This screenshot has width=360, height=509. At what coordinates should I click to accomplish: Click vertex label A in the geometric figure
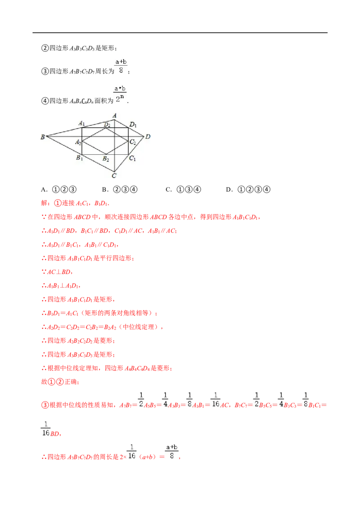point(114,116)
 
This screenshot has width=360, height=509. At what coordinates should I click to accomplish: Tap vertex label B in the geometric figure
point(43,137)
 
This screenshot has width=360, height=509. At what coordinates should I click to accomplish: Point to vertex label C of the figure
point(114,176)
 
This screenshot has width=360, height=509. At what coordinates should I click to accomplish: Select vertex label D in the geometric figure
point(148,137)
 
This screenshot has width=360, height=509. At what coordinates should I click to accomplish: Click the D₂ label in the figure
point(107,125)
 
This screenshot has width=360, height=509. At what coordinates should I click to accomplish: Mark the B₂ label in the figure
point(106,159)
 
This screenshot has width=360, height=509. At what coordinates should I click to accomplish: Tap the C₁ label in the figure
point(132,158)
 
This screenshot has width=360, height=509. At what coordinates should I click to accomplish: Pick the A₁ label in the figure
point(81,123)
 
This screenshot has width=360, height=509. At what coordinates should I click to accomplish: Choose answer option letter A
point(44,190)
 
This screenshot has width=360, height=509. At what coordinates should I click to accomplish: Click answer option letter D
point(229,190)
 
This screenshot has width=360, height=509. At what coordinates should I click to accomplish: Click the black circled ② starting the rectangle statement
point(45,49)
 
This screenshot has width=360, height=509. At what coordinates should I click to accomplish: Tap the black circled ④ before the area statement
point(45,101)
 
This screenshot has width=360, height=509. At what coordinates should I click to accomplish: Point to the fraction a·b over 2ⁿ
point(120,94)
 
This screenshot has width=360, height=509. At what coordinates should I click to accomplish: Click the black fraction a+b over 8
point(121,66)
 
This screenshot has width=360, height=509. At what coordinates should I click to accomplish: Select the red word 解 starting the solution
point(44,203)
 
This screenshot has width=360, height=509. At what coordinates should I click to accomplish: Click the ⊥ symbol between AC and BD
point(58,272)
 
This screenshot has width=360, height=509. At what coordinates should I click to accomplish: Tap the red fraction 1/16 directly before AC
point(216,400)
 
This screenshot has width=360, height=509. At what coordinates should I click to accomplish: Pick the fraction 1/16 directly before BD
point(45,429)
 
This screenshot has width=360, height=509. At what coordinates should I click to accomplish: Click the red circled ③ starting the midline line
point(45,405)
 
